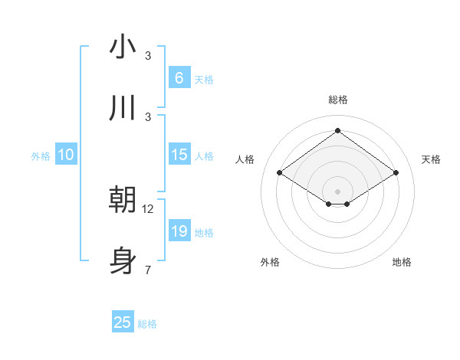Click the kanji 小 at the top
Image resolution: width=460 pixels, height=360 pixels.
pos(122,47)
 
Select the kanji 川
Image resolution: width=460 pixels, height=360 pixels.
pos(122,109)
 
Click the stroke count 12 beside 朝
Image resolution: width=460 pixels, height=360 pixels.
pos(148,209)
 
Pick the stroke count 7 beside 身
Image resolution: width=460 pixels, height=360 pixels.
pos(148,270)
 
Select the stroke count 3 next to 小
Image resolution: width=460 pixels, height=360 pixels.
pos(148,56)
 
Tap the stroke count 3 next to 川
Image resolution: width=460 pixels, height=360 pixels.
pos(148,117)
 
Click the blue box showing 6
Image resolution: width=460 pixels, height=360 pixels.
pos(179,77)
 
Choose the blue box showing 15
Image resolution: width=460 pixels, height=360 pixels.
pos(179,155)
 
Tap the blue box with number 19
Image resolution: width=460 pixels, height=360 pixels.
pos(179,231)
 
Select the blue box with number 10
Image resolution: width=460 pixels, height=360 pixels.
pos(66,155)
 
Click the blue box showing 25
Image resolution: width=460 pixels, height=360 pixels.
pos(123,322)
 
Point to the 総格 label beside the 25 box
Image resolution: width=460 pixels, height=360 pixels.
pos(148,324)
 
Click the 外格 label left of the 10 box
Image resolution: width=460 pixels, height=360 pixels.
pos(41,156)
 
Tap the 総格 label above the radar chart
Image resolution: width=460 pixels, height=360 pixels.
pos(338,100)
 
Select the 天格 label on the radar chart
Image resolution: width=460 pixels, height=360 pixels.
pos(431,159)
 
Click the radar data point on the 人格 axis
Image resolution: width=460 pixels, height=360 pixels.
pos(280,173)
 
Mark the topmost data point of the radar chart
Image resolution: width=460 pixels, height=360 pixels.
pos(337,130)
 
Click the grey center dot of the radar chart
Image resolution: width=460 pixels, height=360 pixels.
pos(337,191)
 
